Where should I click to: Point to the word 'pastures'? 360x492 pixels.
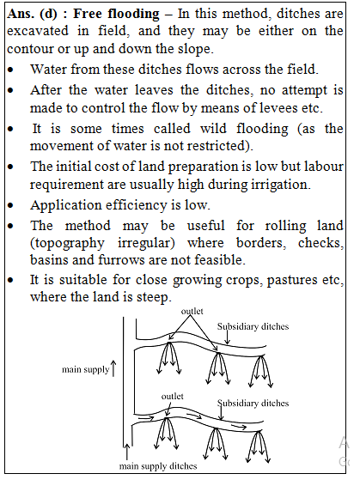pyautogui.click(x=286, y=280)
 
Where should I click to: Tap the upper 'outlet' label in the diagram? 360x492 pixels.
pyautogui.click(x=192, y=311)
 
